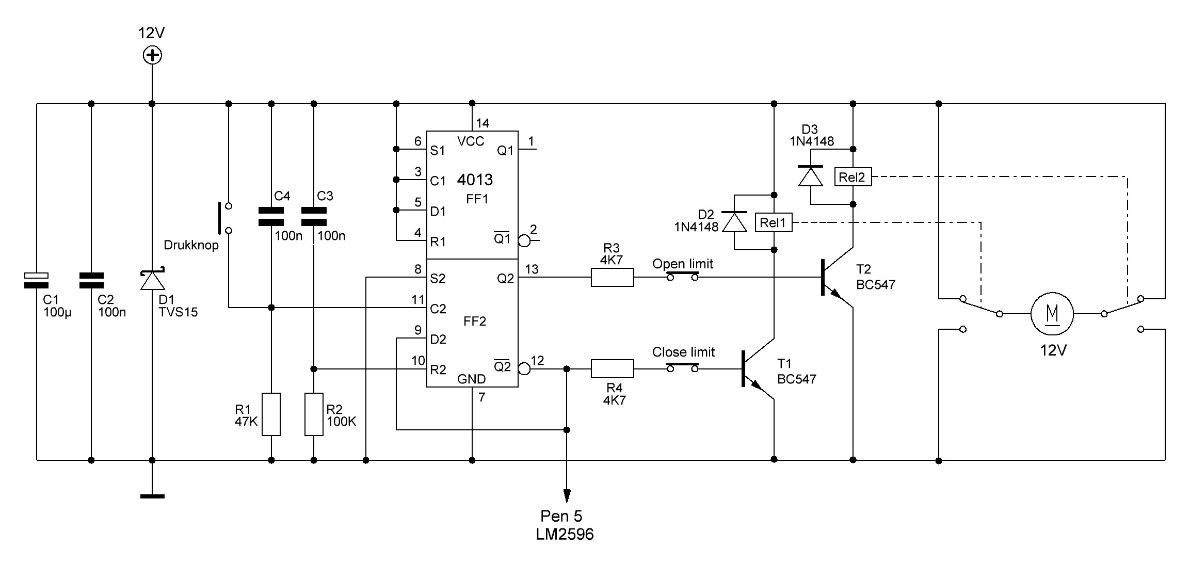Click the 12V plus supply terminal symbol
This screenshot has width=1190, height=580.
point(152,55)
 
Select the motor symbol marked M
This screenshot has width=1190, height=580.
point(1052,314)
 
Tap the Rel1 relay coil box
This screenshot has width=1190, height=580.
point(773,223)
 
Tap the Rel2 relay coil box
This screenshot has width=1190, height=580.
point(853,178)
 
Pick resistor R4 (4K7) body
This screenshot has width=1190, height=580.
point(612,369)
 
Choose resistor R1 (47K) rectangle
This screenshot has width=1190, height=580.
point(271,414)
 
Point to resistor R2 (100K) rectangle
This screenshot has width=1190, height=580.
point(314,414)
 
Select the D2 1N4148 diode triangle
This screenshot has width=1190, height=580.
point(734,222)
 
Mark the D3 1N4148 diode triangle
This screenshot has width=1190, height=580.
point(810,176)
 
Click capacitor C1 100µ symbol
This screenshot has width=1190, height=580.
point(37,280)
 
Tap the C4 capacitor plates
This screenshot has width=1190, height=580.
point(271,217)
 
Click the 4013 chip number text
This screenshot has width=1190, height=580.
point(475,180)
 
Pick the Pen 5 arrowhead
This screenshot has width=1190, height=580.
point(567,495)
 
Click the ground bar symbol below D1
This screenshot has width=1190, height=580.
point(152,496)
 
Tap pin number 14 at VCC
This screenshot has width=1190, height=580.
point(483,123)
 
